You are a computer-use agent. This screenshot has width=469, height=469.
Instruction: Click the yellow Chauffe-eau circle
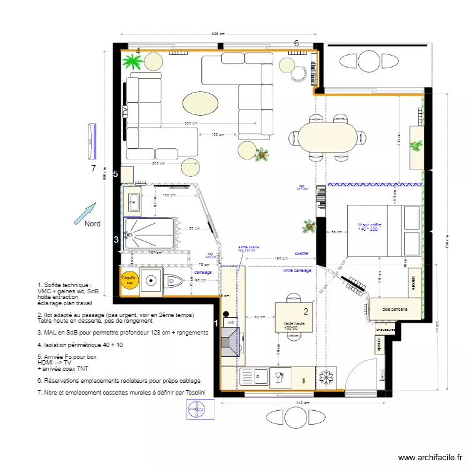129,281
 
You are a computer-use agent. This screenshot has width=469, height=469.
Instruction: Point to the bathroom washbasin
133,202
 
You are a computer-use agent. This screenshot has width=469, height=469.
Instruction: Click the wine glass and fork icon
280,377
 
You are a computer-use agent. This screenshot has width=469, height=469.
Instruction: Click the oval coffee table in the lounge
200,103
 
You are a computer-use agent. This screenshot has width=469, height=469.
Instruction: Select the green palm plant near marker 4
133,61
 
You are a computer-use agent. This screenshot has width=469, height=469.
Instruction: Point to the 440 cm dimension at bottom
302,403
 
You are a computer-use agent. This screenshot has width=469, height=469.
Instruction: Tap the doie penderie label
395,309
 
